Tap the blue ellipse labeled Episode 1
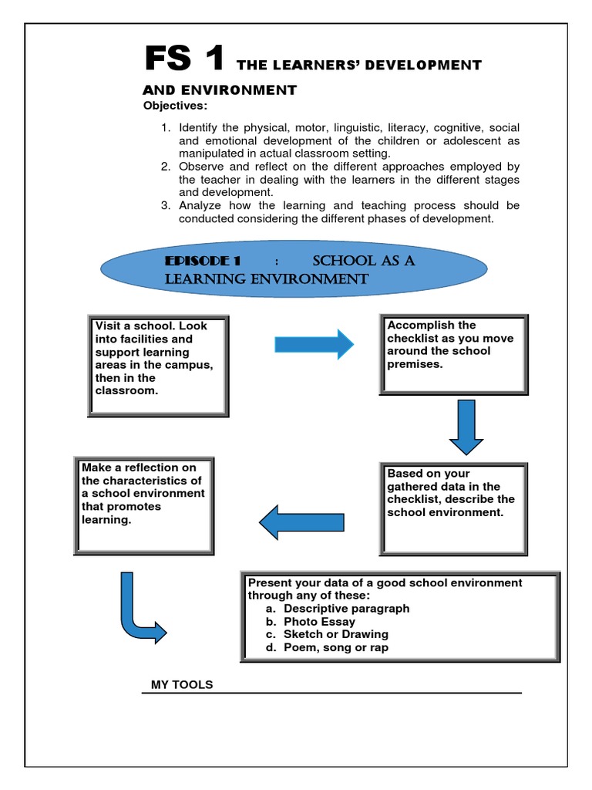294,269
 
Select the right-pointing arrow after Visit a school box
314,343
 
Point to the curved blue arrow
139,610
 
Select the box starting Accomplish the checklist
453,353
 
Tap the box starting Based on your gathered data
453,508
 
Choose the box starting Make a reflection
144,505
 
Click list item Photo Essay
319,622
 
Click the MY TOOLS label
182,685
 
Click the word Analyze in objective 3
199,206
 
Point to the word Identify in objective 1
199,127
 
